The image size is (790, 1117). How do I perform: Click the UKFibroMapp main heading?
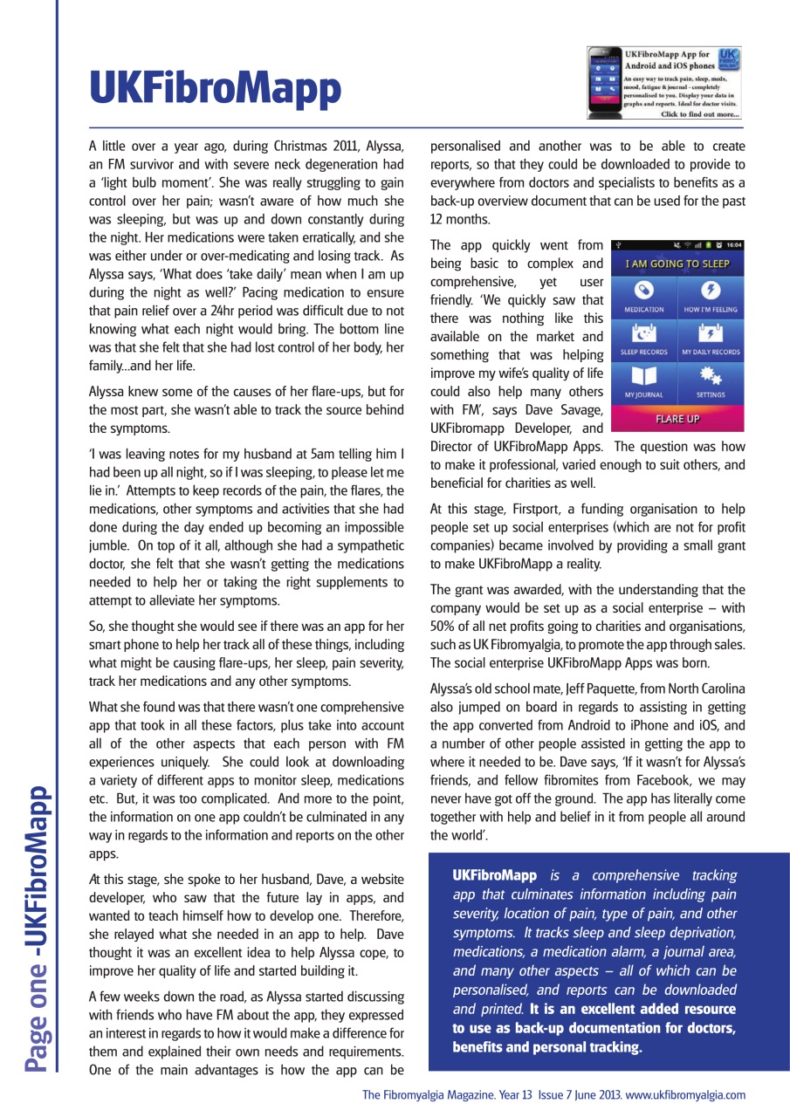(x=215, y=87)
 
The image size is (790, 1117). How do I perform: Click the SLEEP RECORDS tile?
(x=643, y=339)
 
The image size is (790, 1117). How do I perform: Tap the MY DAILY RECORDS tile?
(x=710, y=339)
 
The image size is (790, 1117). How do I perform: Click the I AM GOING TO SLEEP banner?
(x=677, y=263)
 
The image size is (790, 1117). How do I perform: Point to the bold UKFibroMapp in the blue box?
(x=494, y=875)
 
